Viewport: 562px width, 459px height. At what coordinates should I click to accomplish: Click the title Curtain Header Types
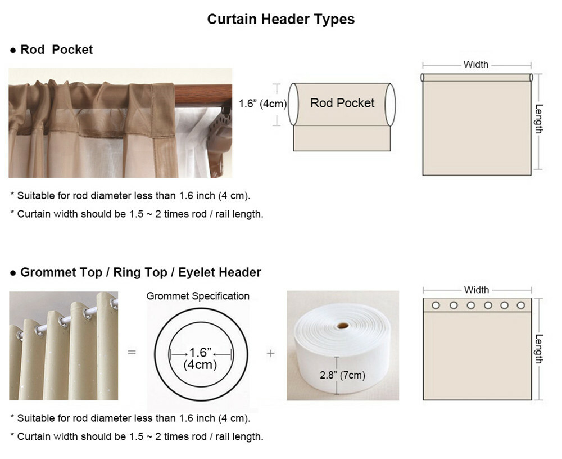point(280,19)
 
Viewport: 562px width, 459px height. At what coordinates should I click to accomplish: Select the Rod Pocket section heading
point(56,49)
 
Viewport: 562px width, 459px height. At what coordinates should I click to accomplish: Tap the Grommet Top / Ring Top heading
point(94,272)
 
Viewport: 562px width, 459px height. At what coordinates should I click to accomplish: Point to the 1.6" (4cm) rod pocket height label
point(262,103)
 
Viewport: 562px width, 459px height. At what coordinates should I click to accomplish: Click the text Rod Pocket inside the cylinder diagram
point(342,103)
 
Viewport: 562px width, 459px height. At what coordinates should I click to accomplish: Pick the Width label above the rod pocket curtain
point(476,65)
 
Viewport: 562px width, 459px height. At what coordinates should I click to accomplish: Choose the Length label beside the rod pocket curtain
point(539,119)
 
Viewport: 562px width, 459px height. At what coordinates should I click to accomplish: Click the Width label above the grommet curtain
point(477,290)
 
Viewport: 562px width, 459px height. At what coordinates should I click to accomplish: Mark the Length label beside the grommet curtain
point(539,349)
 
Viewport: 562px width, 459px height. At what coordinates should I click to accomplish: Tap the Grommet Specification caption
point(198,296)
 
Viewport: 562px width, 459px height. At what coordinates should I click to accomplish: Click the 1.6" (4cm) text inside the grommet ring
point(201,358)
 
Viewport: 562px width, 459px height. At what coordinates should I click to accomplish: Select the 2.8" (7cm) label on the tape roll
point(343,375)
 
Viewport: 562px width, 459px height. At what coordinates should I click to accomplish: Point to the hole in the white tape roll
point(343,326)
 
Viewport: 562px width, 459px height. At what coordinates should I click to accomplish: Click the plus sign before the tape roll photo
point(271,353)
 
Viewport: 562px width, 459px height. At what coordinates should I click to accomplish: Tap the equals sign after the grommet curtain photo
point(132,352)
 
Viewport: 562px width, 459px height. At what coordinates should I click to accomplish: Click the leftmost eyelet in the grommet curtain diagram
point(436,305)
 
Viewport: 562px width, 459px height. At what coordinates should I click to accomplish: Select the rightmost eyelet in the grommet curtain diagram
point(521,305)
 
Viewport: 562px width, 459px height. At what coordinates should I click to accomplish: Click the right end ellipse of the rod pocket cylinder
point(391,105)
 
